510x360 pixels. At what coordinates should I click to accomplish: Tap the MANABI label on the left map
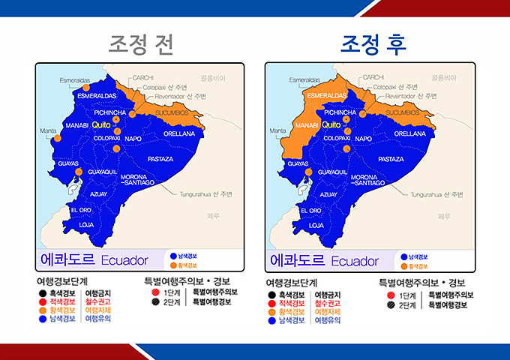76,125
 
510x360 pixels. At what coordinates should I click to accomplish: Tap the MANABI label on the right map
307,125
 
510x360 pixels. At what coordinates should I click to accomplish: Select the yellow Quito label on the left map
101,125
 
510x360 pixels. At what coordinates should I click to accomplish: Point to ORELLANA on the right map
409,133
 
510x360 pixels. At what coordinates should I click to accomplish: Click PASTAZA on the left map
160,159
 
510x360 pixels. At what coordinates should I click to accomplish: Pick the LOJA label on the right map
316,224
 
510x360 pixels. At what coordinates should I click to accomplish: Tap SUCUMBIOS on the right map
401,112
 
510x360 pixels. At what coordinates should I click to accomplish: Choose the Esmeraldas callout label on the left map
74,80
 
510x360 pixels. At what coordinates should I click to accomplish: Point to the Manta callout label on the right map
278,130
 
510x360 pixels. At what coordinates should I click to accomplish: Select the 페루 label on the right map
443,215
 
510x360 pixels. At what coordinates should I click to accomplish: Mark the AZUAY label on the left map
98,194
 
